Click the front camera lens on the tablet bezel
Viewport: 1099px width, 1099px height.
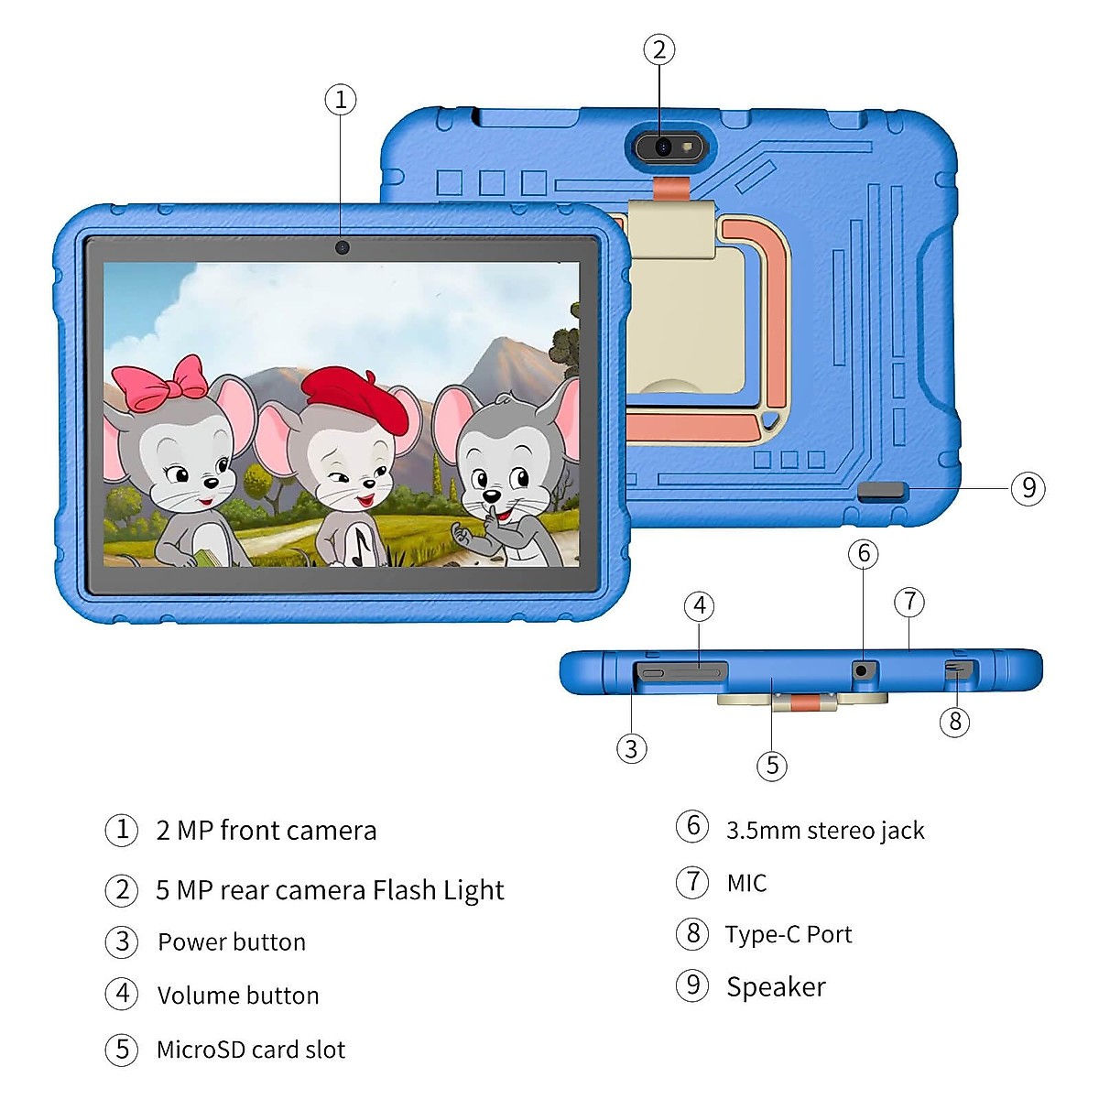342,247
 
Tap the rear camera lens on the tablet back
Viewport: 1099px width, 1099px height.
663,147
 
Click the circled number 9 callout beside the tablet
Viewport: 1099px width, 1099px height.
1028,488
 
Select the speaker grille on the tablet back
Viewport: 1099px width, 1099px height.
882,492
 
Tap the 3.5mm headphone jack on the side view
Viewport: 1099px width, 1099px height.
862,669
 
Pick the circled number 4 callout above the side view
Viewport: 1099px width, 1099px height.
700,605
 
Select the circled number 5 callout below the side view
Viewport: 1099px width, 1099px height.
772,765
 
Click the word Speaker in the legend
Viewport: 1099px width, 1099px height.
776,986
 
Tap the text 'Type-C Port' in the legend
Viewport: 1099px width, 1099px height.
789,934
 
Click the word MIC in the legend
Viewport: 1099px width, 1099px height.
746,883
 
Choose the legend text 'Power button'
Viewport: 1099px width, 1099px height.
232,941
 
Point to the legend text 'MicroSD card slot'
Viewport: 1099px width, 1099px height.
251,1050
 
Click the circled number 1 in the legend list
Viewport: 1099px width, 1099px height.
122,830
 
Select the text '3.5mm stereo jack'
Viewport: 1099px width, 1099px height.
825,830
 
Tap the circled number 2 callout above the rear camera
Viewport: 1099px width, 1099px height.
659,49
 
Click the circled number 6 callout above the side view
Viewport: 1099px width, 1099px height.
863,553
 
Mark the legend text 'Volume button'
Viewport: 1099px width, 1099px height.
238,996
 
